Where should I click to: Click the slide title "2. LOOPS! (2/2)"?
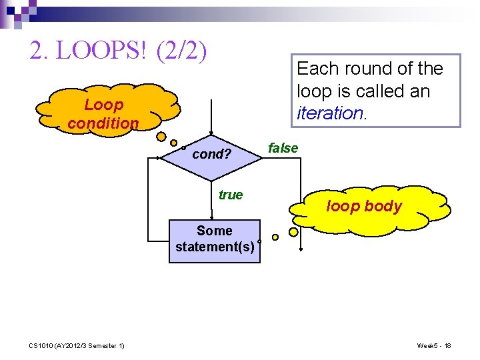(x=118, y=50)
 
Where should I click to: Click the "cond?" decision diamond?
(x=211, y=155)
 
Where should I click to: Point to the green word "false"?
(x=283, y=148)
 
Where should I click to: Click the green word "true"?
(x=231, y=195)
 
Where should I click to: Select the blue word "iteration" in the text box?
(x=329, y=113)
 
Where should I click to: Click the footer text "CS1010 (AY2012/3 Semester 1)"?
(x=76, y=345)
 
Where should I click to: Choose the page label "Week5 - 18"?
(x=434, y=345)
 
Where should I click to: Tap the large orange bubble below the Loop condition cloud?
(x=161, y=137)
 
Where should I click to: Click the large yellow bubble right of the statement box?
(x=293, y=233)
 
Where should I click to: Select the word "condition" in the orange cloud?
(x=103, y=123)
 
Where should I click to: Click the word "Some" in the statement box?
(x=214, y=231)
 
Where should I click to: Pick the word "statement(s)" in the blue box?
(x=214, y=247)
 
